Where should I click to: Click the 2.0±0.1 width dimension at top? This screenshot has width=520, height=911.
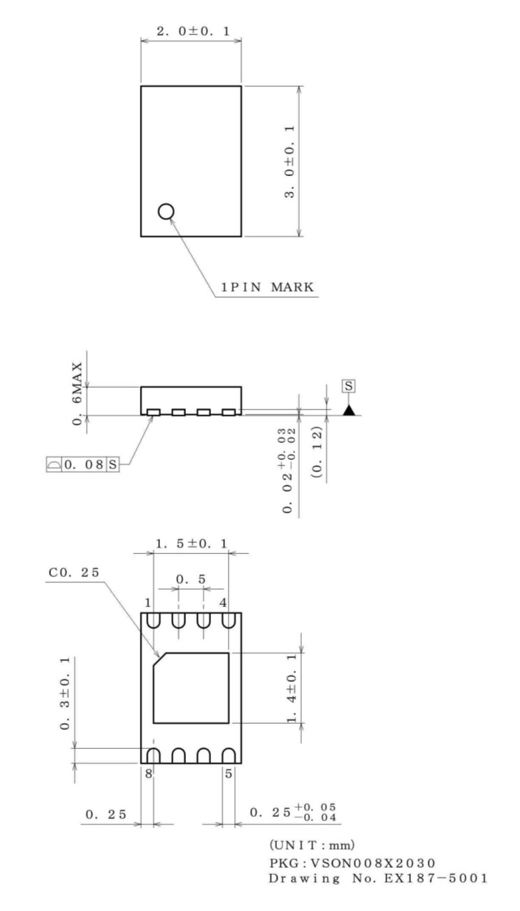[191, 32]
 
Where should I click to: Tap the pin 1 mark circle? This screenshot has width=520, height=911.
[166, 210]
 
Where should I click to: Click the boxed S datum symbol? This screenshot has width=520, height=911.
[347, 386]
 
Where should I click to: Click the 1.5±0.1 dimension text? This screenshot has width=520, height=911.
[191, 542]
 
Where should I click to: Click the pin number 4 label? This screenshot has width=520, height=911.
[222, 602]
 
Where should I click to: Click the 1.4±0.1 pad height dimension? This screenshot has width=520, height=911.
[292, 689]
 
